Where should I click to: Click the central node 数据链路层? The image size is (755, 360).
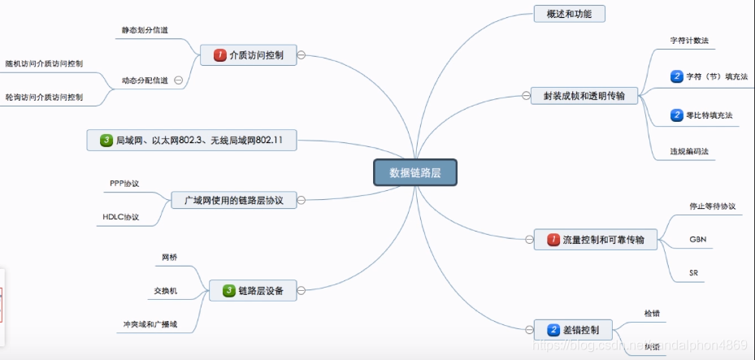point(415,172)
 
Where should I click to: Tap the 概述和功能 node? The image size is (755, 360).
point(570,14)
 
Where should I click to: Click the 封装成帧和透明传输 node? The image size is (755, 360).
point(584,96)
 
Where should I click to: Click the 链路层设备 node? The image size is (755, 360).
point(253,290)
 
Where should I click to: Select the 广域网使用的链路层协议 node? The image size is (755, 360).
point(233,200)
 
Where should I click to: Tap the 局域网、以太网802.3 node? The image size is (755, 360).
point(192,141)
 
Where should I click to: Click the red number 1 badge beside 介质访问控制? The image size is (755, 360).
point(219,55)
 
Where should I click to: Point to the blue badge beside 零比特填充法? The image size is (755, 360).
point(677,116)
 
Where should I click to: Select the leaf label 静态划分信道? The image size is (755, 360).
point(145,31)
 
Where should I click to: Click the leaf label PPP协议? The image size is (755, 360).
point(125,184)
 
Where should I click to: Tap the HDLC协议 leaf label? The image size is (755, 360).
point(121,217)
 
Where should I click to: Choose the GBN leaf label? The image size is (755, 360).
point(697,240)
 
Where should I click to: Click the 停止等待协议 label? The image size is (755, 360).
point(712,206)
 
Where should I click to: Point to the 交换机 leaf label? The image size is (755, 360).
point(166,290)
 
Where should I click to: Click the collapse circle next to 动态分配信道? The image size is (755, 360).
point(178,80)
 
